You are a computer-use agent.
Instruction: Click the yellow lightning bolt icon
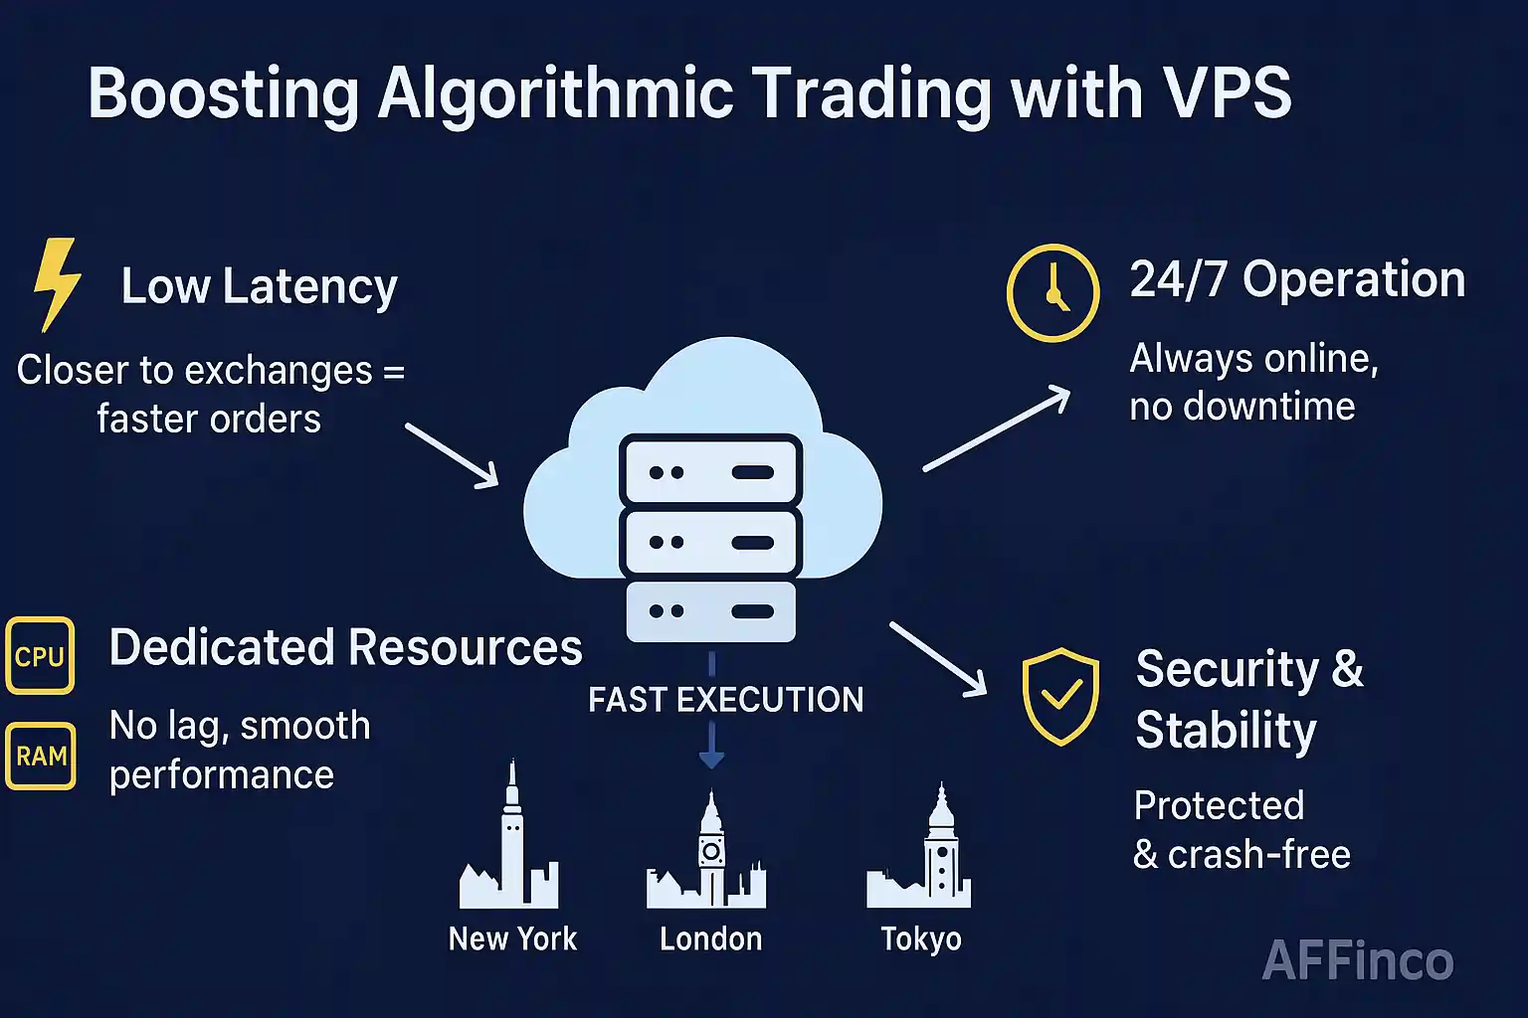[57, 284]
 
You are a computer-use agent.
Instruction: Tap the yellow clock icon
[1052, 293]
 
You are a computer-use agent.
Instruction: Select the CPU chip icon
[40, 656]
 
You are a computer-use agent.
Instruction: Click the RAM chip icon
[41, 757]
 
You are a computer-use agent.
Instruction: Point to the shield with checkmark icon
[1060, 696]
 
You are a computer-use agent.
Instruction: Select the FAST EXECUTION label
[725, 700]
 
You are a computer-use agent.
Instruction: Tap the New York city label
[512, 938]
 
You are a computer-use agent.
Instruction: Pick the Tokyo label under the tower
[921, 938]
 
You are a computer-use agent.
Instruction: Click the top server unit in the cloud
[710, 471]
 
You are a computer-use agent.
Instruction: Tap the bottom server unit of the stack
[710, 610]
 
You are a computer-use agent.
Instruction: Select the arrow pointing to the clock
[997, 428]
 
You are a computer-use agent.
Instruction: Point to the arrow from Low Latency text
[452, 455]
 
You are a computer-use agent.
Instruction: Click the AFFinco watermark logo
[1357, 960]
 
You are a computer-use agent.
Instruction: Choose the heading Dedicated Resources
[345, 648]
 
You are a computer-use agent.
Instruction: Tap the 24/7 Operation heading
[1297, 280]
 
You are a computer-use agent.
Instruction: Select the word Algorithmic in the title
[555, 93]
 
